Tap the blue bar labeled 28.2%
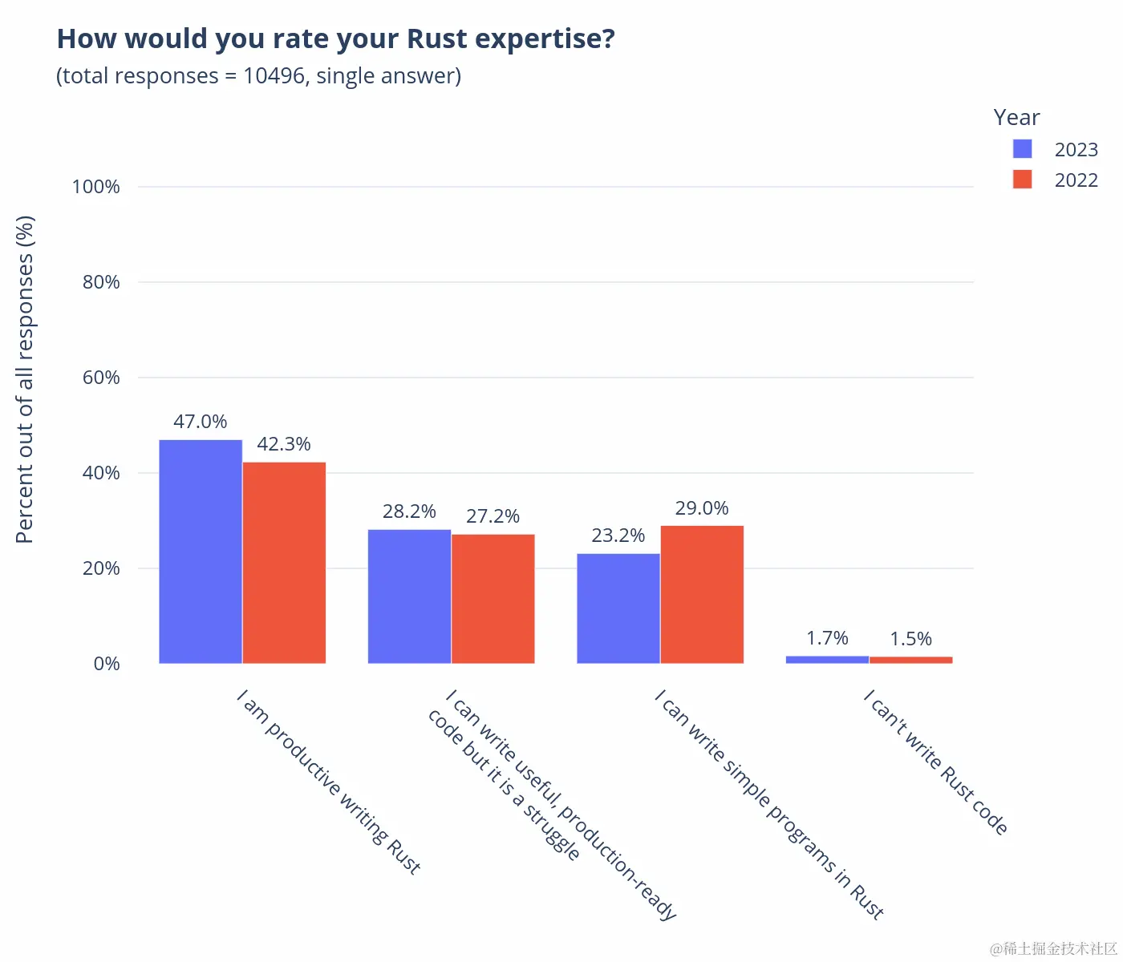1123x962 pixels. (x=409, y=596)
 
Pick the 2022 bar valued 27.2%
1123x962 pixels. (x=493, y=599)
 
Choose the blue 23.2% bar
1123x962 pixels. (x=618, y=608)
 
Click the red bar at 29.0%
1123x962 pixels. (x=702, y=595)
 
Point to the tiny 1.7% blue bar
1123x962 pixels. (x=827, y=660)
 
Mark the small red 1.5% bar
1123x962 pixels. (x=910, y=660)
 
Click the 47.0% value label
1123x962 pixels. (x=201, y=422)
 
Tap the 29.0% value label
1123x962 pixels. (x=702, y=508)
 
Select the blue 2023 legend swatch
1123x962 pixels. (x=1022, y=149)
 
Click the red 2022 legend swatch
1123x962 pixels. (x=1022, y=180)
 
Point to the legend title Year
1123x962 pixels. (x=1016, y=118)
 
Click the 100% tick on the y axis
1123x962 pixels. (x=95, y=187)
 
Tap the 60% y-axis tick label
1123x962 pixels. (x=101, y=378)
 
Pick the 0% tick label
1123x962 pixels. (x=107, y=664)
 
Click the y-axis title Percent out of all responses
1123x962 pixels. (x=25, y=379)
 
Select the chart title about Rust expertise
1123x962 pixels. (x=335, y=38)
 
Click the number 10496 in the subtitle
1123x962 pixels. (x=274, y=76)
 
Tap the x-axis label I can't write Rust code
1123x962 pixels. (x=935, y=762)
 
